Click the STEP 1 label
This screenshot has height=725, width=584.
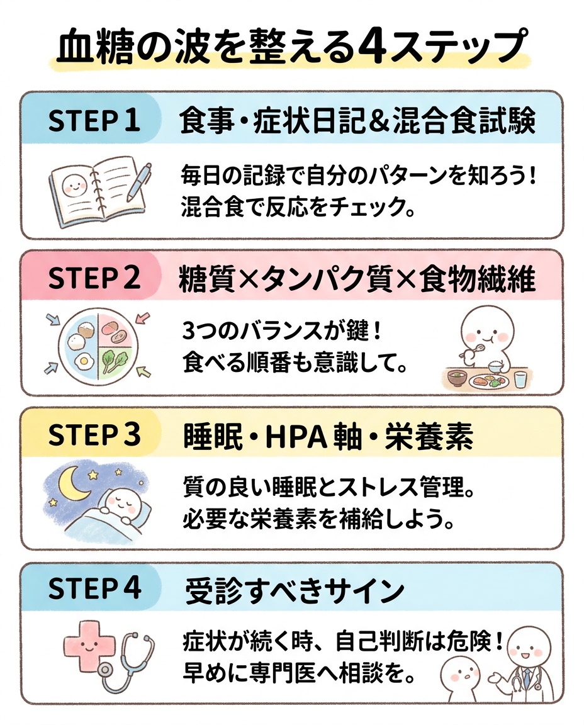pos(94,121)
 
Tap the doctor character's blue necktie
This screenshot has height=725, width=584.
pos(524,682)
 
